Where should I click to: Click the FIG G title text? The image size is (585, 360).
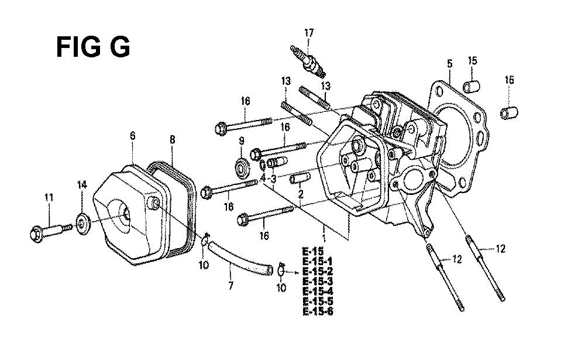[93, 47]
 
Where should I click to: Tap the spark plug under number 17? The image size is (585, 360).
[308, 61]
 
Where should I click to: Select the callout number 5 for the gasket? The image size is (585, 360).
[449, 63]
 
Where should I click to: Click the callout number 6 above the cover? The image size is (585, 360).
[133, 136]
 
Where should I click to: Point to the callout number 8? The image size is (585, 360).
[172, 140]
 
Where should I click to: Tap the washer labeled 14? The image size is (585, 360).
[82, 222]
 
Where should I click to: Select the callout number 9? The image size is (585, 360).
[242, 141]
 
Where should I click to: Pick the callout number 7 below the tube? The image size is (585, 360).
[230, 286]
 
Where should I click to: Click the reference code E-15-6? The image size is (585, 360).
[318, 311]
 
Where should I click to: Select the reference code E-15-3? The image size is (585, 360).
[318, 281]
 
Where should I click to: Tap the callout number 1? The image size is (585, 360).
[324, 238]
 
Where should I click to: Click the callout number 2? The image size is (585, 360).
[300, 194]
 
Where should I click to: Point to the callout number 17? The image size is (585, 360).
[309, 33]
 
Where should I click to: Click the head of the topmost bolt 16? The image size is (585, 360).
[221, 128]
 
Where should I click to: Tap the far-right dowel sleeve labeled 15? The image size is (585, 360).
[510, 113]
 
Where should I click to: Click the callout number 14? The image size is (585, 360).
[82, 184]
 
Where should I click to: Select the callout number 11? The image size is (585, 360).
[49, 197]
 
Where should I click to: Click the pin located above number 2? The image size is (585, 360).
[299, 178]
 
